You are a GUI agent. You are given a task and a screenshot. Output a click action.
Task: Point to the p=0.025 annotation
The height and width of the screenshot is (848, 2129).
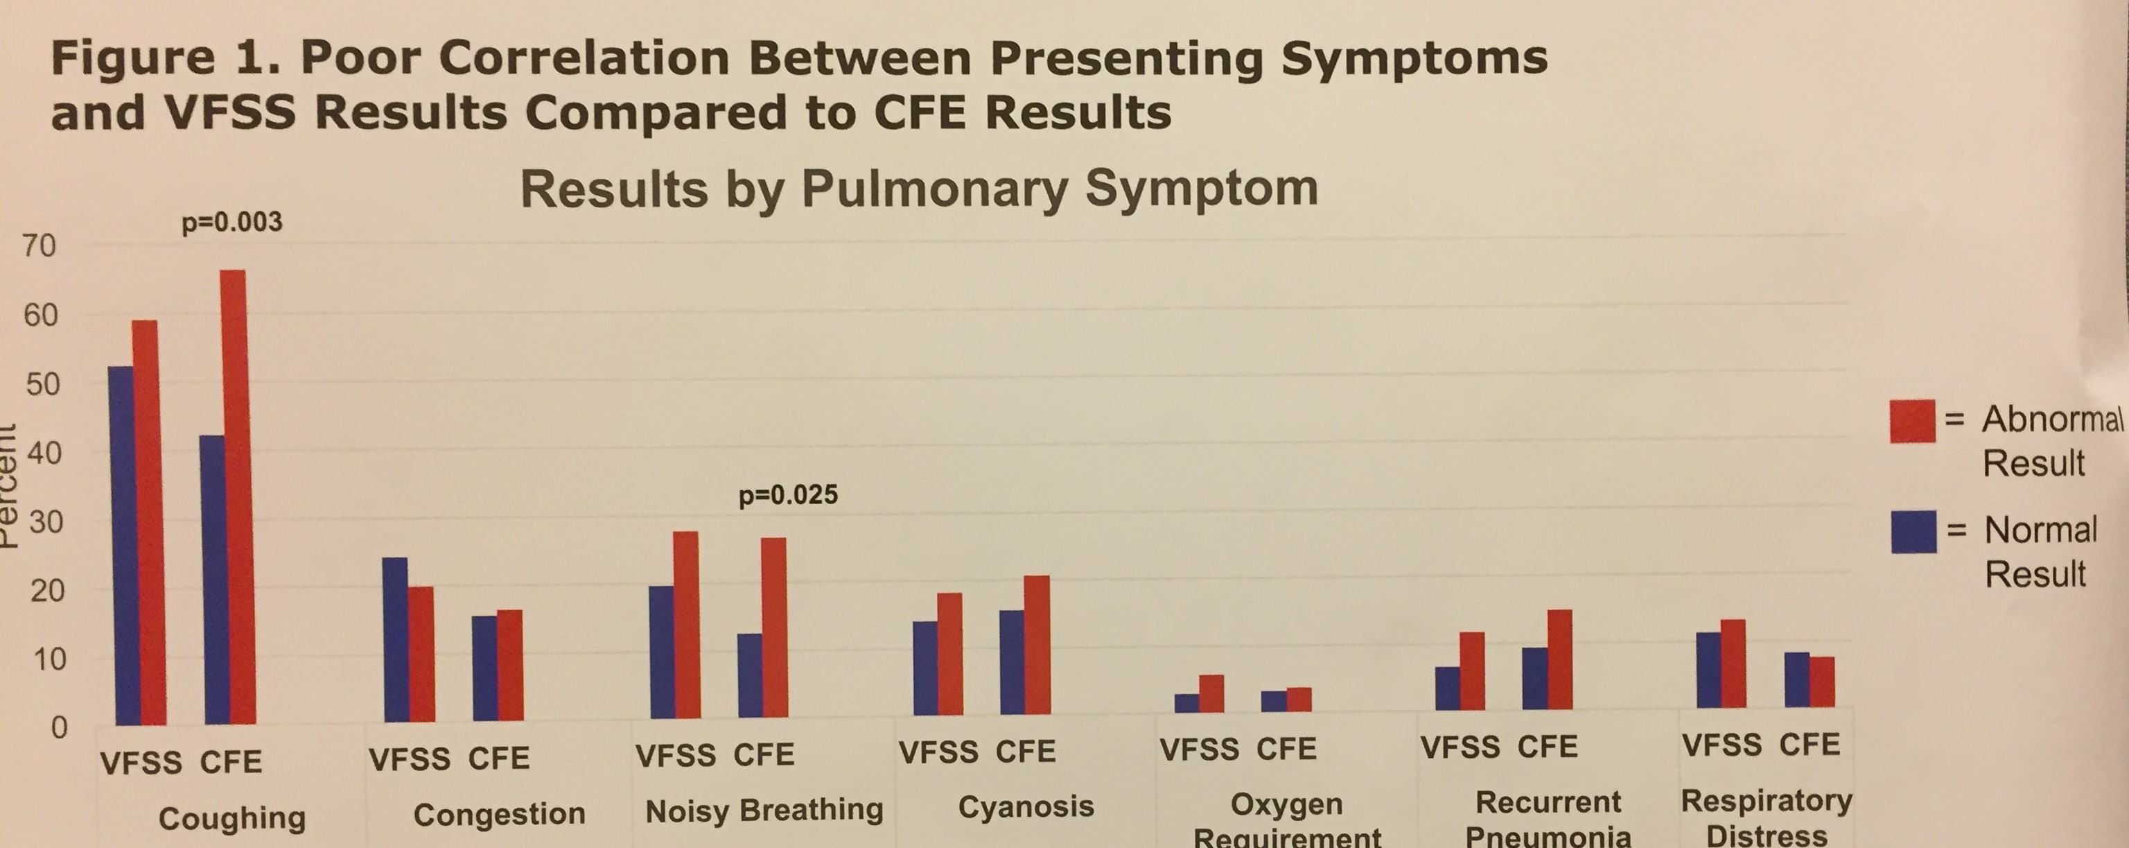787,495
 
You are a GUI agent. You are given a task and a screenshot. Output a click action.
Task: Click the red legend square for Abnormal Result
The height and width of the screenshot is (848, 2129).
1911,421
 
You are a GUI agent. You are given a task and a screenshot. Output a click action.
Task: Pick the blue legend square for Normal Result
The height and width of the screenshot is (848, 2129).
1913,531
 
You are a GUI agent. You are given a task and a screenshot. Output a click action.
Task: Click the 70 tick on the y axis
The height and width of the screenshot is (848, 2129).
39,246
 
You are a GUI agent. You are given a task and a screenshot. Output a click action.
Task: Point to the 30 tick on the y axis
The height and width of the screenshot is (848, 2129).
43,522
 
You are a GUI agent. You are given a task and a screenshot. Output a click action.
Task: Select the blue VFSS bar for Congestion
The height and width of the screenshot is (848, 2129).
395,639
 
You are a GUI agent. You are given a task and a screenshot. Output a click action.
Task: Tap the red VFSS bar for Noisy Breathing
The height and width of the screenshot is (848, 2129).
686,624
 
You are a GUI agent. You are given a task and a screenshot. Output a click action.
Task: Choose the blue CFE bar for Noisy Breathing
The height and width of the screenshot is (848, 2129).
750,675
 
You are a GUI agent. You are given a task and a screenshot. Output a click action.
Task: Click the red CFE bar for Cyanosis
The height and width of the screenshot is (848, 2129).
1037,645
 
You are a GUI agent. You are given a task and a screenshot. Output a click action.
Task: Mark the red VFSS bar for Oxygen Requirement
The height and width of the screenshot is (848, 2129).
1211,693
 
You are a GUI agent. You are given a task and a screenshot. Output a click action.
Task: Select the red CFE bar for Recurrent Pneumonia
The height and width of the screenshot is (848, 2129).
1559,659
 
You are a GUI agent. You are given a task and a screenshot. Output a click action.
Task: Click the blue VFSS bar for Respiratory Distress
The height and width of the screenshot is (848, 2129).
1708,670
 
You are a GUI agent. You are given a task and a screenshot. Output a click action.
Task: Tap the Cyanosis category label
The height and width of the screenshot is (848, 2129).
1026,806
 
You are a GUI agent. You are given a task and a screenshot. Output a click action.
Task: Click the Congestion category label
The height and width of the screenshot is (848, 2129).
499,815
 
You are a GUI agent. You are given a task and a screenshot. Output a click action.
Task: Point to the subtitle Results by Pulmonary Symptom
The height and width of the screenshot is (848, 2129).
918,189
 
